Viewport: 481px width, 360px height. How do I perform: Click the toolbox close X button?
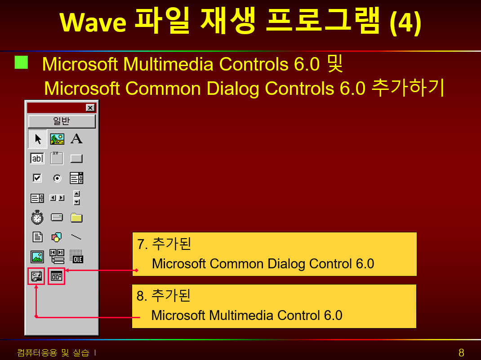pyautogui.click(x=90, y=108)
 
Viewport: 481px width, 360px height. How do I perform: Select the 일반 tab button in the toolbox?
pyautogui.click(x=62, y=121)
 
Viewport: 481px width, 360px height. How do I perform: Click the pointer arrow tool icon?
pyautogui.click(x=38, y=139)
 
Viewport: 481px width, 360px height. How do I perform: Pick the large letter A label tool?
pyautogui.click(x=76, y=138)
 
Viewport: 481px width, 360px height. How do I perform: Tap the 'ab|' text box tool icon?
pyautogui.click(x=37, y=158)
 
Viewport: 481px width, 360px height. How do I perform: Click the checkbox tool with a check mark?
pyautogui.click(x=37, y=178)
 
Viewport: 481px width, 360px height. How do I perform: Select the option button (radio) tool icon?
pyautogui.click(x=57, y=178)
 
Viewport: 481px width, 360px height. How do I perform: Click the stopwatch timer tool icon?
pyautogui.click(x=37, y=217)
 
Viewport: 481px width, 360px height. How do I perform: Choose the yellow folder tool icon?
pyautogui.click(x=76, y=218)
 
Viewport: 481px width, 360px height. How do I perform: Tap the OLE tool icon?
pyautogui.click(x=76, y=256)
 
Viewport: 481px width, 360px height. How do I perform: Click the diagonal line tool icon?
pyautogui.click(x=76, y=237)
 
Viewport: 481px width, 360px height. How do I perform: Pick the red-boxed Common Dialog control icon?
pyautogui.click(x=57, y=276)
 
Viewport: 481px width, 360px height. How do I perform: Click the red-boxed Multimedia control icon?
pyautogui.click(x=36, y=276)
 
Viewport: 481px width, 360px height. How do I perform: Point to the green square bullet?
pyautogui.click(x=21, y=62)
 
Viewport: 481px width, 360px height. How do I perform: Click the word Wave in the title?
pyautogui.click(x=93, y=22)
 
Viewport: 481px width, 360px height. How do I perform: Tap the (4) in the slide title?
pyautogui.click(x=405, y=22)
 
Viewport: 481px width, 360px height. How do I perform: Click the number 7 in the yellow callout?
pyautogui.click(x=141, y=244)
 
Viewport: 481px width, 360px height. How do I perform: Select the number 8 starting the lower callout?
pyautogui.click(x=141, y=296)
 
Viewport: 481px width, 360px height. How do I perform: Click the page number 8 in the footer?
pyautogui.click(x=461, y=353)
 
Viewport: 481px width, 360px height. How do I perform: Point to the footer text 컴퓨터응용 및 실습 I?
pyautogui.click(x=57, y=353)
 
